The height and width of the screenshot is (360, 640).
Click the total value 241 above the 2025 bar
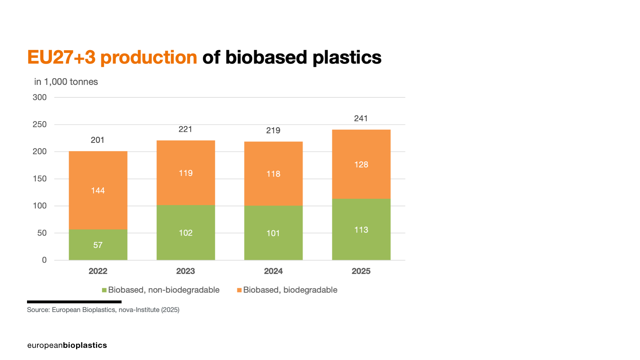(x=361, y=118)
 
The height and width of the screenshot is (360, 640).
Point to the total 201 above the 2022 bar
(x=97, y=140)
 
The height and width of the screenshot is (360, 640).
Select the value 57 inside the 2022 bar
(x=98, y=245)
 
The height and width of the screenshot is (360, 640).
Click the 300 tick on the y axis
(x=39, y=97)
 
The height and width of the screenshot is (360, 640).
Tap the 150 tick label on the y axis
(x=39, y=179)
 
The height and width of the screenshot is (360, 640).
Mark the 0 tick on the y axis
(x=44, y=260)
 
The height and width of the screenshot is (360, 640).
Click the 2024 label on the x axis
(x=273, y=271)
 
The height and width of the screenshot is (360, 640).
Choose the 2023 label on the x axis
(x=185, y=271)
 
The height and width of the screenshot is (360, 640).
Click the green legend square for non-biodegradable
(x=104, y=290)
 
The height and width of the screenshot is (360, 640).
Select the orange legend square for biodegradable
(x=239, y=290)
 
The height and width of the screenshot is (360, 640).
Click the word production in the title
(x=149, y=58)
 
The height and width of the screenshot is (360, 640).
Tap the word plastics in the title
(x=347, y=58)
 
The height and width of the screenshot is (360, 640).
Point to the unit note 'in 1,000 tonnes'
(x=66, y=82)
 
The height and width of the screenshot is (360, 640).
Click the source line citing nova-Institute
(x=103, y=310)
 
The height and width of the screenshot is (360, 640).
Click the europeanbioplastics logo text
(x=67, y=345)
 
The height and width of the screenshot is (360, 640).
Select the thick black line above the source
(x=74, y=302)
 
